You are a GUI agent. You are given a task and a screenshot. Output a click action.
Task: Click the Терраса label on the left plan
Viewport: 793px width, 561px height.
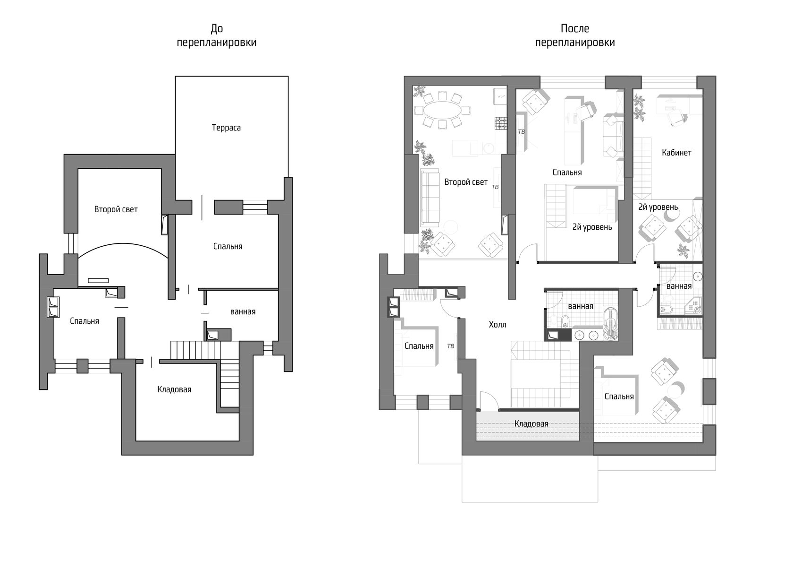click(x=226, y=128)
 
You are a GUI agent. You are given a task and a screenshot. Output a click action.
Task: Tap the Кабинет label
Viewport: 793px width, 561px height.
click(x=676, y=153)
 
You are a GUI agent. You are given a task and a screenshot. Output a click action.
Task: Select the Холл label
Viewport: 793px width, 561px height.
click(x=498, y=325)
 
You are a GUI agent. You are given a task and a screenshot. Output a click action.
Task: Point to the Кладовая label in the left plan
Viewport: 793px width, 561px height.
click(x=174, y=389)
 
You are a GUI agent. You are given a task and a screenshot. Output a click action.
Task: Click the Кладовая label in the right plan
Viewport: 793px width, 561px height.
click(x=531, y=423)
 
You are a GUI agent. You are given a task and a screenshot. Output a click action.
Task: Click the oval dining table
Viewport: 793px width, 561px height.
click(x=443, y=110)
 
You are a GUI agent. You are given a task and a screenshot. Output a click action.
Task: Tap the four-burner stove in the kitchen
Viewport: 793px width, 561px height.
click(x=501, y=123)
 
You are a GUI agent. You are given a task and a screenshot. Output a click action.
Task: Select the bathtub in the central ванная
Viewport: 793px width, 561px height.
click(x=611, y=324)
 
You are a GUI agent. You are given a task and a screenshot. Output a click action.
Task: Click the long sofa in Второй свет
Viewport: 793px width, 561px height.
click(x=430, y=198)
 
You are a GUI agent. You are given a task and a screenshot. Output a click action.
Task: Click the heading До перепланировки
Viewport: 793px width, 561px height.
click(x=216, y=35)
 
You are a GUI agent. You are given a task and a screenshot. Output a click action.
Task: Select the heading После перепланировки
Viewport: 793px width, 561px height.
click(x=575, y=35)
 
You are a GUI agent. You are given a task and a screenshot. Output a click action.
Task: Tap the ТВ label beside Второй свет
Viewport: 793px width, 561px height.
click(x=495, y=187)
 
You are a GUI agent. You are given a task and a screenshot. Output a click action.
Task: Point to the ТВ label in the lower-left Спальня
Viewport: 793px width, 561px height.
click(x=450, y=346)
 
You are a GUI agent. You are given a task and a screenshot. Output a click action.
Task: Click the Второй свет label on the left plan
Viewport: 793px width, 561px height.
click(x=116, y=209)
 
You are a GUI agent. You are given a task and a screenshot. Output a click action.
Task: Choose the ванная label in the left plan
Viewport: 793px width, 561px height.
click(x=243, y=312)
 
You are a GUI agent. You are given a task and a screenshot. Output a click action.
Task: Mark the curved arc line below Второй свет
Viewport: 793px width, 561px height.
click(x=123, y=244)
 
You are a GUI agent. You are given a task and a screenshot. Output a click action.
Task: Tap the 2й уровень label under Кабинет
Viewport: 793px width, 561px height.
click(x=658, y=207)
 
